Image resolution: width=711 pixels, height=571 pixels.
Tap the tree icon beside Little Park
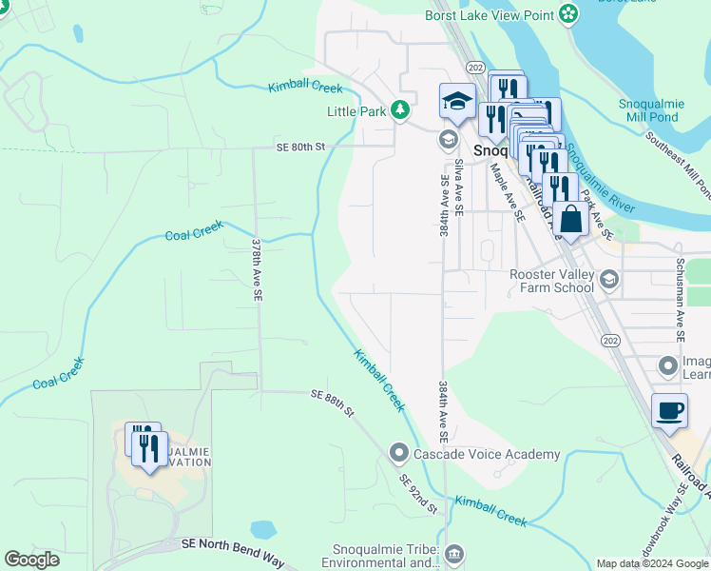pos(401,111)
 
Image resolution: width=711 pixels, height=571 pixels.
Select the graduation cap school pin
pos(457,101)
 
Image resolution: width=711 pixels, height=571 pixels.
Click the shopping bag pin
pos(571,219)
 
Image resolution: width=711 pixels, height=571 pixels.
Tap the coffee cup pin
pos(670,410)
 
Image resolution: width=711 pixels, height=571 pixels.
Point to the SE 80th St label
pos(300,148)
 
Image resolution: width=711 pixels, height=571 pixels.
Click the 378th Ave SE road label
pos(257,270)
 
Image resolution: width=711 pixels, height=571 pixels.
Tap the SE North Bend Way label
pos(234,546)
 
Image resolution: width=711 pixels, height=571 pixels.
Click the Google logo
pos(31,560)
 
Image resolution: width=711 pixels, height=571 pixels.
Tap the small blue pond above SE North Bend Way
pos(263,529)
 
